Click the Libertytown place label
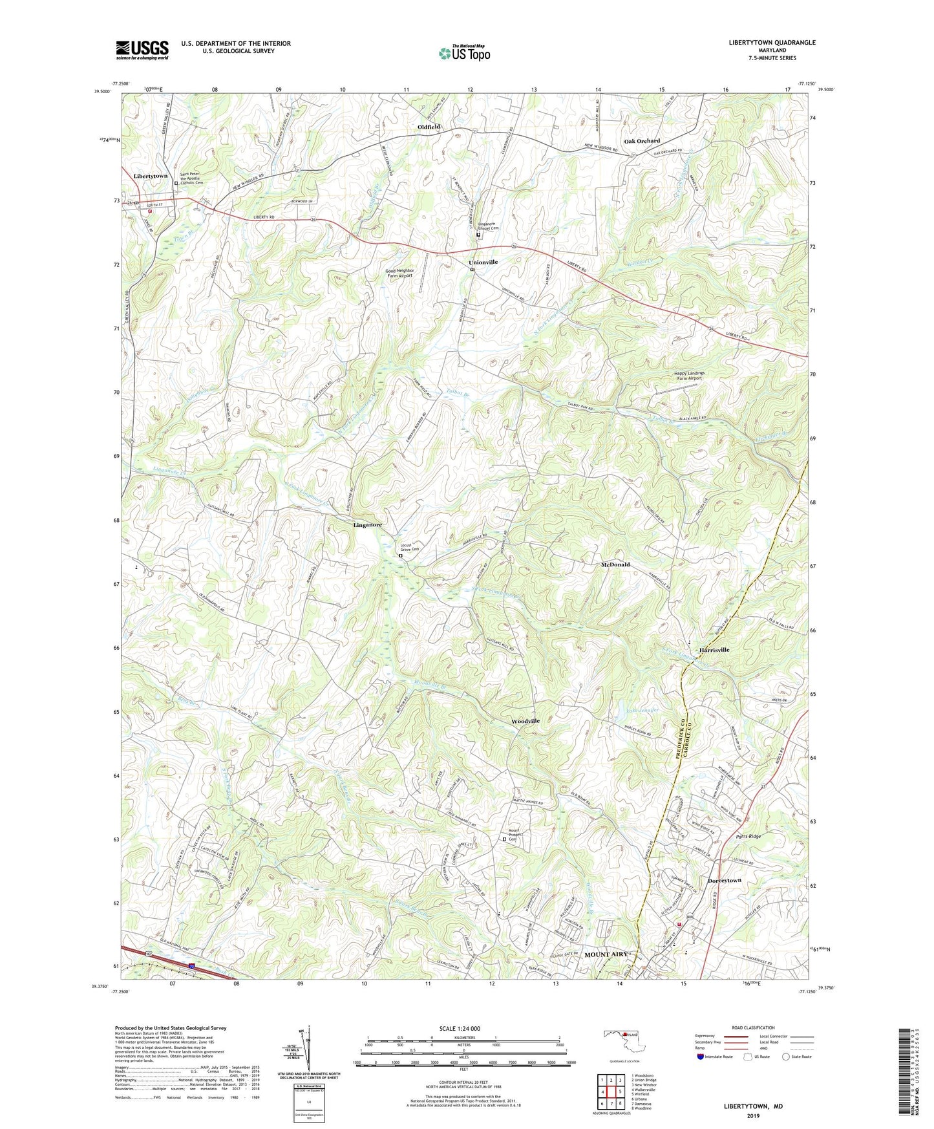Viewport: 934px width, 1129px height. [x=150, y=176]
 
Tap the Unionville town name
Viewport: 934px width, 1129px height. [x=483, y=262]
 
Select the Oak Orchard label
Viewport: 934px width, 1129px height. [x=642, y=141]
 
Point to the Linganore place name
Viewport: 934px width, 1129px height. [x=367, y=525]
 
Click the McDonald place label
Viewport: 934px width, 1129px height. [x=615, y=564]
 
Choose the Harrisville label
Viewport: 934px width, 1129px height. [x=714, y=649]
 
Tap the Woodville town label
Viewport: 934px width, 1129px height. [x=525, y=721]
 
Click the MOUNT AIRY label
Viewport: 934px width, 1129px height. [x=606, y=954]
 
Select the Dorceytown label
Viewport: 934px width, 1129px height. [x=724, y=881]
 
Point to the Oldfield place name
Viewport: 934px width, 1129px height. [x=429, y=127]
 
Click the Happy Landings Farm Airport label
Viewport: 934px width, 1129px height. [x=689, y=376]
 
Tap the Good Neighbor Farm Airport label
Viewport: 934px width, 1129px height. [x=399, y=273]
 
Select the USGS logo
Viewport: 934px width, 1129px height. [x=142, y=50]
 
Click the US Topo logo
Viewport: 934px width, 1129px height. [x=464, y=53]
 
